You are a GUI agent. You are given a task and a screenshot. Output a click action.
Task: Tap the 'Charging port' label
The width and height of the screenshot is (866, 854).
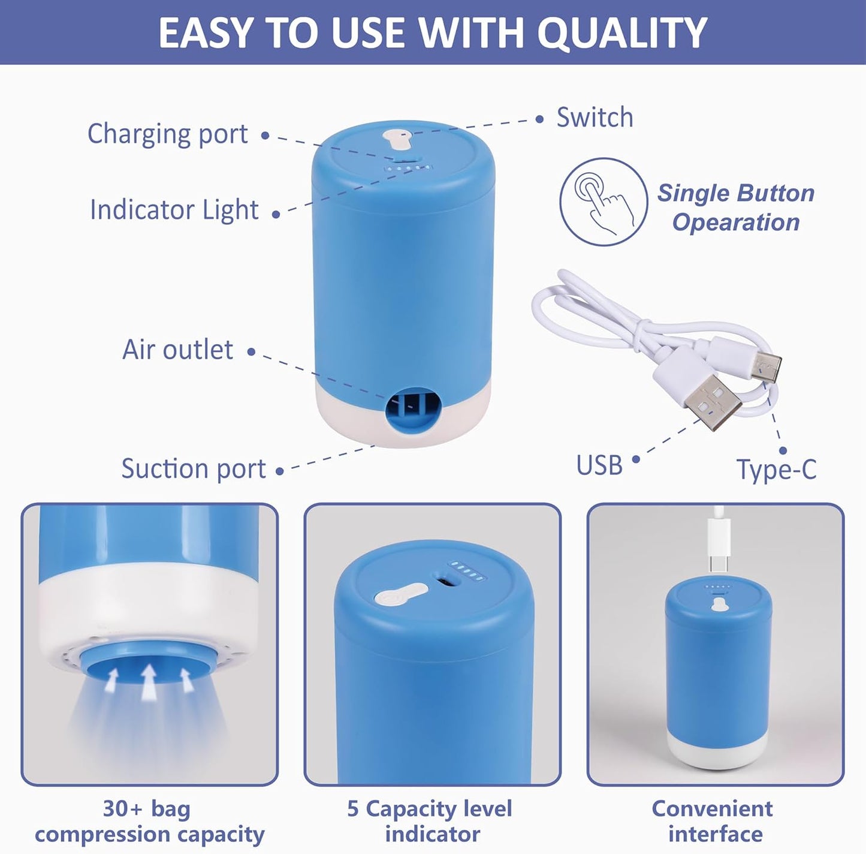pos(167,134)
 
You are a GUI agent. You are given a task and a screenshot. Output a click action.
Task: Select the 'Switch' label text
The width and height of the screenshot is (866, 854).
pos(595,118)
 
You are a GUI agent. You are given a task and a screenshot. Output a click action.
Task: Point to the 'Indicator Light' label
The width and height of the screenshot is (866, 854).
pos(174,210)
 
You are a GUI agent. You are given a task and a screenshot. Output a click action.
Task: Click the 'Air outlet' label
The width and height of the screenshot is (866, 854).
pos(177,350)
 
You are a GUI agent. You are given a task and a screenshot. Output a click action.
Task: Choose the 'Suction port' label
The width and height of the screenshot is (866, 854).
pos(193,468)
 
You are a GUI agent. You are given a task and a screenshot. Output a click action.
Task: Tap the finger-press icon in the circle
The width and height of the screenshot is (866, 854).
pos(604,202)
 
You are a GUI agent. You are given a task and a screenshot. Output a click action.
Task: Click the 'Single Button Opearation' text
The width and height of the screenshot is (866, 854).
pos(736,208)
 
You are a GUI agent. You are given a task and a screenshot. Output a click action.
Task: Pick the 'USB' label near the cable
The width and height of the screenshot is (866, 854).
pos(599,465)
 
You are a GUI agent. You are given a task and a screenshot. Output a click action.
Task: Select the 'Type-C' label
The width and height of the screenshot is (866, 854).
pos(776,469)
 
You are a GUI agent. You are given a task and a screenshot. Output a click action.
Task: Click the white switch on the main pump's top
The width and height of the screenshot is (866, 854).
pos(396,140)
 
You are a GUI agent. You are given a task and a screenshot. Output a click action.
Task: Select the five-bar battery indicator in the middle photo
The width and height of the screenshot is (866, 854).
pos(467,571)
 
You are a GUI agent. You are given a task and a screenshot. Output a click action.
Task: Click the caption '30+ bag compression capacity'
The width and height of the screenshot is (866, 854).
pos(149,822)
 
